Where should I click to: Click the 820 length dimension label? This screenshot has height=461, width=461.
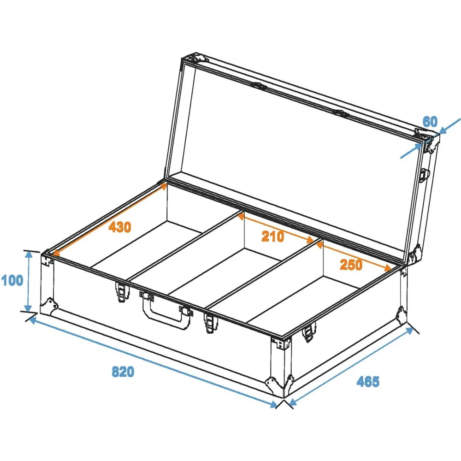click(x=123, y=372)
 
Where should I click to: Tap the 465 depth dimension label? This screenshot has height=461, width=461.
click(x=368, y=381)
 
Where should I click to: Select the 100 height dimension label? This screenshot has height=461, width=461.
click(x=12, y=280)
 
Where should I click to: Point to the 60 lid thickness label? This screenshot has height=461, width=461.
click(x=430, y=121)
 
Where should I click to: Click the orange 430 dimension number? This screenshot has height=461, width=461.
click(x=120, y=227)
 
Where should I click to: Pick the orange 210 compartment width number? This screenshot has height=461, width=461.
click(x=273, y=236)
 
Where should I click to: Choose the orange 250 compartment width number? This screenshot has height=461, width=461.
click(x=351, y=265)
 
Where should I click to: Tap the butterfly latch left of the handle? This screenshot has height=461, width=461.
click(x=122, y=292)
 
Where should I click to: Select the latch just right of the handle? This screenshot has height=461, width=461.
click(x=211, y=323)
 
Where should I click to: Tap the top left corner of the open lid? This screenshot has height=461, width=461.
click(x=182, y=59)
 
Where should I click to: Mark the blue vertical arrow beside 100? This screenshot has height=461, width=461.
click(x=28, y=281)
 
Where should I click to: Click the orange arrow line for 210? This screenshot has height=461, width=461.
click(x=276, y=228)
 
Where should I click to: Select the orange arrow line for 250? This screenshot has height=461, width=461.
click(x=354, y=256)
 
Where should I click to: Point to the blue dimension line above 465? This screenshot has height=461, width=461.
click(x=351, y=366)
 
